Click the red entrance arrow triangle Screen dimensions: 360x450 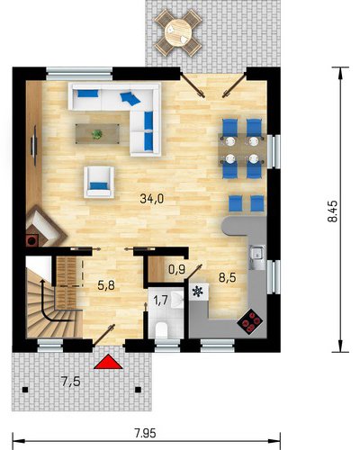coord(108,363)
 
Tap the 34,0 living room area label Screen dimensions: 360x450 coord(152,199)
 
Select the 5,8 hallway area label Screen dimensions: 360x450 coord(106,285)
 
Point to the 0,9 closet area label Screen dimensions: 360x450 coord(177,270)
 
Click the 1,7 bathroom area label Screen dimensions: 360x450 coord(160,301)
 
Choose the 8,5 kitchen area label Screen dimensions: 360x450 coord(227,277)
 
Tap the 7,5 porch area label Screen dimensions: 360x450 coord(70,382)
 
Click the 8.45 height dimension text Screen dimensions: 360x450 coord(332,211)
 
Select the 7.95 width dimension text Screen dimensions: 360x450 coord(145,433)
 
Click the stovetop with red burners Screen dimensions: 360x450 coord(250,322)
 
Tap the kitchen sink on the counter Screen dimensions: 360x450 coord(257,257)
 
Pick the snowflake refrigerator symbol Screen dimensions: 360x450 coord(198,292)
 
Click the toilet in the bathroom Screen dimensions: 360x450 coord(161,330)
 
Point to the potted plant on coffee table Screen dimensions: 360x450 coord(97,134)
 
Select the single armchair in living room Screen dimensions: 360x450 coord(99,182)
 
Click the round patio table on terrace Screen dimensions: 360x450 coord(177,32)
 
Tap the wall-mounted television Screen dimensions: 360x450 coord(34,146)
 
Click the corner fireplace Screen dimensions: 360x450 coord(44,226)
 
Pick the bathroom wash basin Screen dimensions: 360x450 coord(177,300)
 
